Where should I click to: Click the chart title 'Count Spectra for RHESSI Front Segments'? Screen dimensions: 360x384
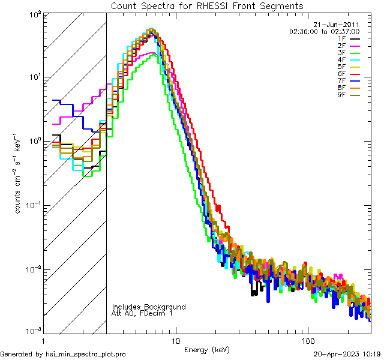[207, 5]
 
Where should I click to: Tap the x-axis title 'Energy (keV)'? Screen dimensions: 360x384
[208, 349]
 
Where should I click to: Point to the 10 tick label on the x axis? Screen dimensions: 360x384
[176, 340]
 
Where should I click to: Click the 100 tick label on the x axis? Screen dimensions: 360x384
[308, 340]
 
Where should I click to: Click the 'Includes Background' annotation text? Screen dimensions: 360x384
[149, 307]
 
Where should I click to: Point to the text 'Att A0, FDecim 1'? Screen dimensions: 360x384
[142, 313]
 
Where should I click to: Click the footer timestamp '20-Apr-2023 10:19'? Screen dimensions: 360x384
[348, 354]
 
